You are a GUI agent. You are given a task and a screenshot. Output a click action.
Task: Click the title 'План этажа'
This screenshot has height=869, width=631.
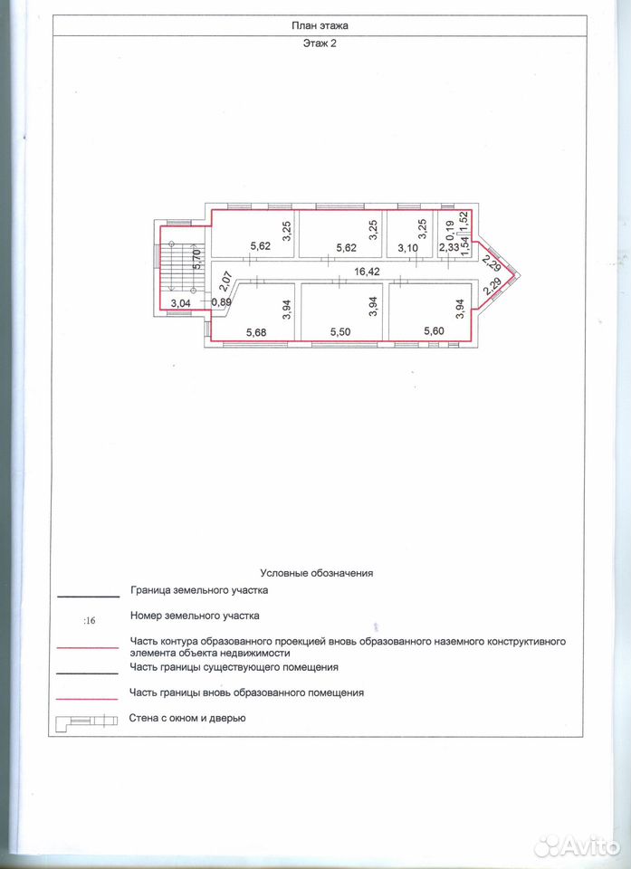coord(320,25)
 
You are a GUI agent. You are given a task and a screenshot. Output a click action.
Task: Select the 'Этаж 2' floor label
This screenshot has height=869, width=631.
coord(320,43)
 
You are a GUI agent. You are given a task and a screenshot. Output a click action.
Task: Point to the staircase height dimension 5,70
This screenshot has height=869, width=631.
coord(196,259)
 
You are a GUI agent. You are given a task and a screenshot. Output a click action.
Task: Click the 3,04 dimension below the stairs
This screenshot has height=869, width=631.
coord(181,303)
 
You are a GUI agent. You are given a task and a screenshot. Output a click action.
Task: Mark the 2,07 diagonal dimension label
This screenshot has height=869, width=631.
coord(224,281)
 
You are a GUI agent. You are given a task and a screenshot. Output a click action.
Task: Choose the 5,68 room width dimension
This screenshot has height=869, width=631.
coord(256,332)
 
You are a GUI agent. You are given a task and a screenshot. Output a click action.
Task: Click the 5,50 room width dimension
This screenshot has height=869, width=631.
coord(340,332)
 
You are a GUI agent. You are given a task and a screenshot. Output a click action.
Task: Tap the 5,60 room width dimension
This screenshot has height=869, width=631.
coord(435,331)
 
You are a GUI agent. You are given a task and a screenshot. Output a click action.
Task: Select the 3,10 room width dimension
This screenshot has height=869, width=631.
coord(407,248)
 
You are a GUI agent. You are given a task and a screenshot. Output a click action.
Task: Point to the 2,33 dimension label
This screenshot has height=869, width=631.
coord(448,248)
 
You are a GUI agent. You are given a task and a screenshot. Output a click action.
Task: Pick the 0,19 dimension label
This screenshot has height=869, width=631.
coord(450,228)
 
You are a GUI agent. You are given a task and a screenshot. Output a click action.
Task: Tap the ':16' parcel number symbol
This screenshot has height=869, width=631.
coord(89,621)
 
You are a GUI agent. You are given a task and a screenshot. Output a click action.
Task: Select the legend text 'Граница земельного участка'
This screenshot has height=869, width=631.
coord(199,590)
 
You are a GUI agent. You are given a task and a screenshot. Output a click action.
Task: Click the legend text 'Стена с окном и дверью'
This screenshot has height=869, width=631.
coord(187,718)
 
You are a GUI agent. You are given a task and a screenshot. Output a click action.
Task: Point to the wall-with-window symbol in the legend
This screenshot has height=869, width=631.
coord(87,721)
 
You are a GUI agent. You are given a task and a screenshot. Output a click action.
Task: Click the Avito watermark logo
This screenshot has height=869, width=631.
coord(578,845)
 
